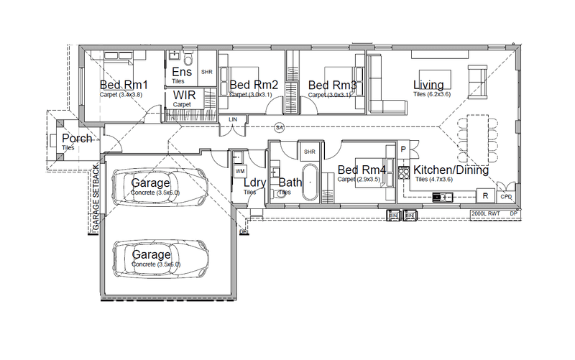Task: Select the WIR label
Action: click(x=183, y=96)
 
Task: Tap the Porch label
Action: click(x=76, y=139)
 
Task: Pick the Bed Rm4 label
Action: click(x=362, y=170)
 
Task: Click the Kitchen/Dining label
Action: click(x=451, y=171)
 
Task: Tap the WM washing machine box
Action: click(x=239, y=172)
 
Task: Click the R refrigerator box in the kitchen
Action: click(x=485, y=195)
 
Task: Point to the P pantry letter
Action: click(x=403, y=150)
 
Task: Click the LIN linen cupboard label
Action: click(x=232, y=119)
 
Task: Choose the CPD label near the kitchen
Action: click(x=505, y=196)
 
